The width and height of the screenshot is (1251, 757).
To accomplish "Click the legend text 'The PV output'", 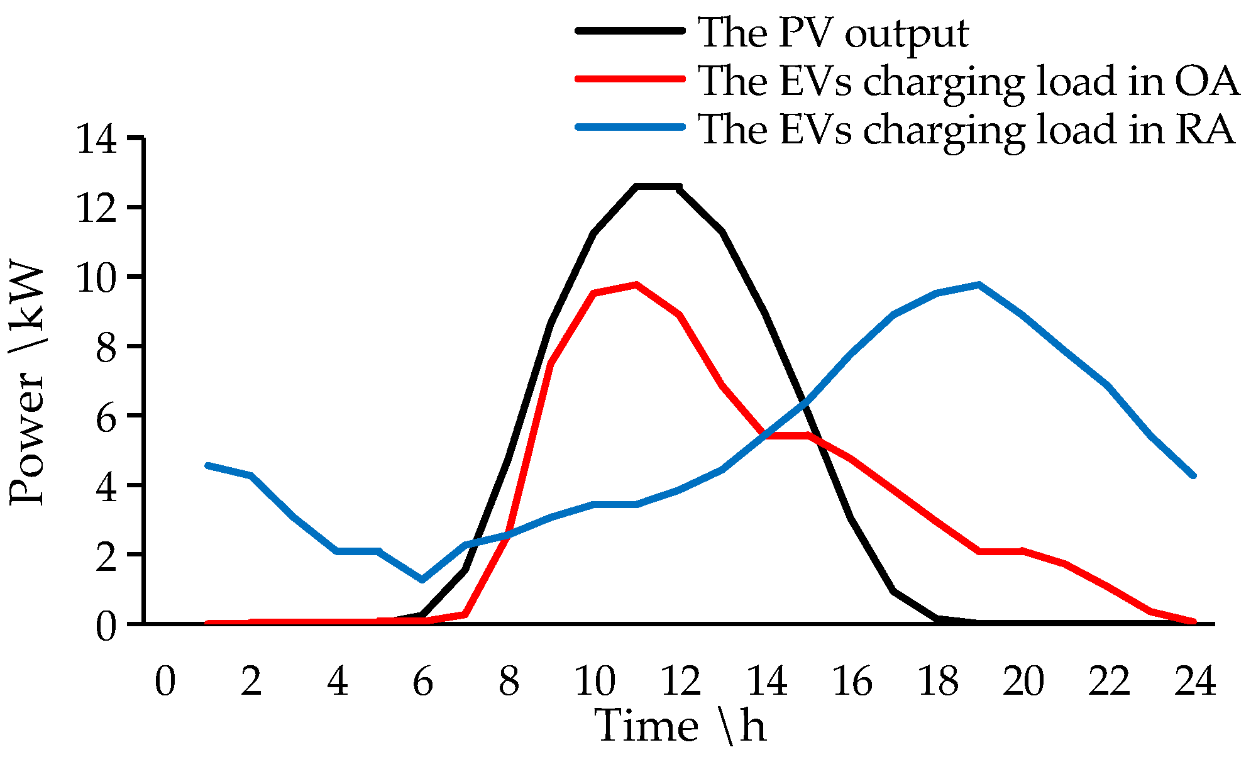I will [x=833, y=33].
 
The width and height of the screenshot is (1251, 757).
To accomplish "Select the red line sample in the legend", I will [x=630, y=79].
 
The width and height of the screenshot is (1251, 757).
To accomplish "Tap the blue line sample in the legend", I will [x=630, y=127].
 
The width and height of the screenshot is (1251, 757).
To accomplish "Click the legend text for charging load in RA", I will [x=967, y=130].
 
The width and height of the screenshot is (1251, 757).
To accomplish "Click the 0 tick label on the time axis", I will [x=165, y=682].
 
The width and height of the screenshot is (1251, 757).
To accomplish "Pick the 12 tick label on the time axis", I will [x=681, y=682].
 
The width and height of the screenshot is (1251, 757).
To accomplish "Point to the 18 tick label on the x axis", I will [x=939, y=682].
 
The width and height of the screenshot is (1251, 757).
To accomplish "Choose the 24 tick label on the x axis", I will [x=1195, y=682].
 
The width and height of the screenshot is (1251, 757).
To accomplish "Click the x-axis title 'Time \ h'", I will [x=681, y=726].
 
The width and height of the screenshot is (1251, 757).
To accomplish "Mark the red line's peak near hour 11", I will [x=637, y=285].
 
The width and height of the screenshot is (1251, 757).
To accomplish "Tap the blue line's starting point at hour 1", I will [x=208, y=465].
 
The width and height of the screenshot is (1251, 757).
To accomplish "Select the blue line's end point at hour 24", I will [x=1193, y=476].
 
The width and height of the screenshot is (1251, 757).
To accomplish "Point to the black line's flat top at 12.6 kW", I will [x=658, y=186].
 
